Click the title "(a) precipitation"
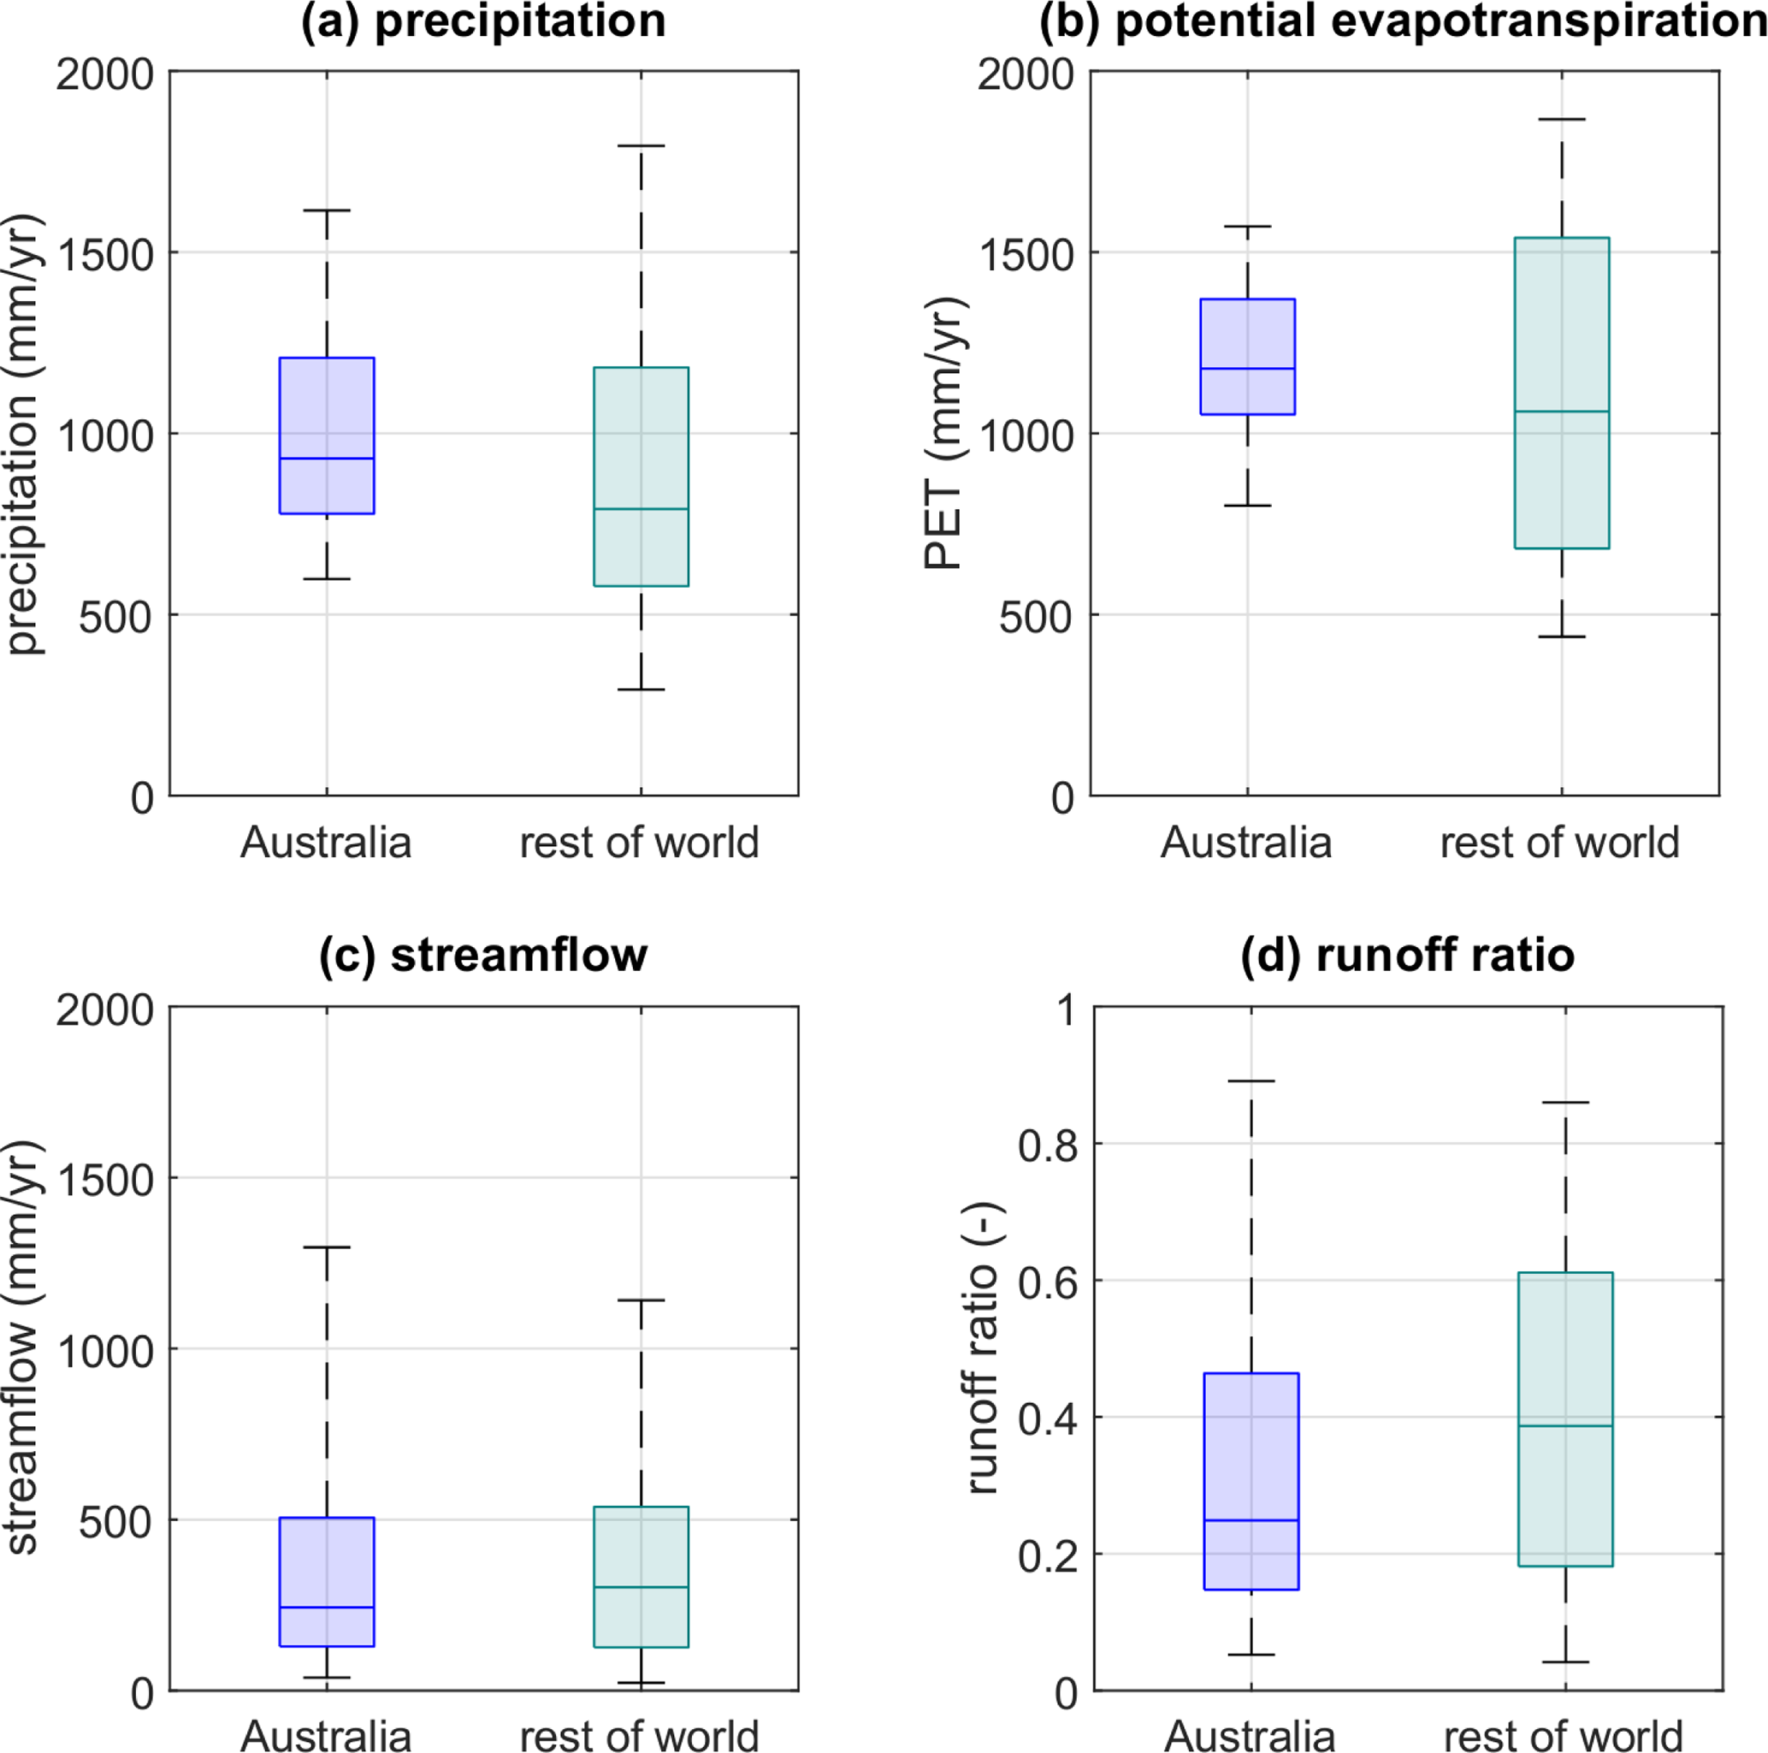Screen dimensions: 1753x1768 [483, 22]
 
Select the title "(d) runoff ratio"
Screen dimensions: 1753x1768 [1407, 956]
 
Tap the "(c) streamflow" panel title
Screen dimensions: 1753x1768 [483, 956]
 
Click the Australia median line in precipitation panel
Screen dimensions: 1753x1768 [327, 458]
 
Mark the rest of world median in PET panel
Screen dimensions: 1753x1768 [1561, 411]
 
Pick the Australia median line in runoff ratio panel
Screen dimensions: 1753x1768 [1251, 1520]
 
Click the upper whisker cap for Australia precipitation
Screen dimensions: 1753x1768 [327, 210]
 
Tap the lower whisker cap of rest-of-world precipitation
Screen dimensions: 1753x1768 [641, 690]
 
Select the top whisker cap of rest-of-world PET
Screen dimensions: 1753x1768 [1561, 119]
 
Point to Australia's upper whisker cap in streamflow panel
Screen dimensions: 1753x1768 [327, 1247]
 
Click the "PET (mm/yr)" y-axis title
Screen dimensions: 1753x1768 [944, 433]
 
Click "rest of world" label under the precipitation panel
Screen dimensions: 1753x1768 [640, 842]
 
